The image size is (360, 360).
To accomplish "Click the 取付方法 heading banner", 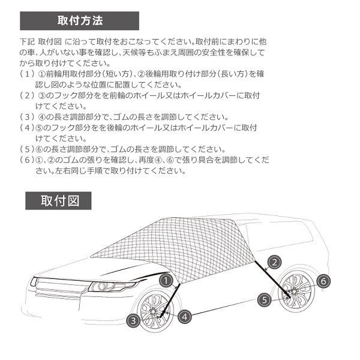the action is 79,21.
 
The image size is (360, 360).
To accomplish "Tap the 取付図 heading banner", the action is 58,200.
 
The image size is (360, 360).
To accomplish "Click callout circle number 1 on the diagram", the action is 166,280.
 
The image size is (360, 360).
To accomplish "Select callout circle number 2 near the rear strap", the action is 274,262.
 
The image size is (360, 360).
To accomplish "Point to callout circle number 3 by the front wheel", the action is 133,320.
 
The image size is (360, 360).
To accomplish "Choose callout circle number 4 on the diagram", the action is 185,317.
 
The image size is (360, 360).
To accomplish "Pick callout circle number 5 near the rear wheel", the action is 264,300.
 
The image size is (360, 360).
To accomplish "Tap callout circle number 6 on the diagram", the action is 323,281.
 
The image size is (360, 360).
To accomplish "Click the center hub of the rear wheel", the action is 294,292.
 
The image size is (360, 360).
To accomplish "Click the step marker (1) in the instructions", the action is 27,74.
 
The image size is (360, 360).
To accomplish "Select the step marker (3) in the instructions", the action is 27,117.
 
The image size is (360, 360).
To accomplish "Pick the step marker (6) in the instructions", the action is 27,160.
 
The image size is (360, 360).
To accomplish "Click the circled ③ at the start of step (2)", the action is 41,95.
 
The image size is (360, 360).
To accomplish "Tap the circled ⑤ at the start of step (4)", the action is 39,128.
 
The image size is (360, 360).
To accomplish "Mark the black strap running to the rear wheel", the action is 273,279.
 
